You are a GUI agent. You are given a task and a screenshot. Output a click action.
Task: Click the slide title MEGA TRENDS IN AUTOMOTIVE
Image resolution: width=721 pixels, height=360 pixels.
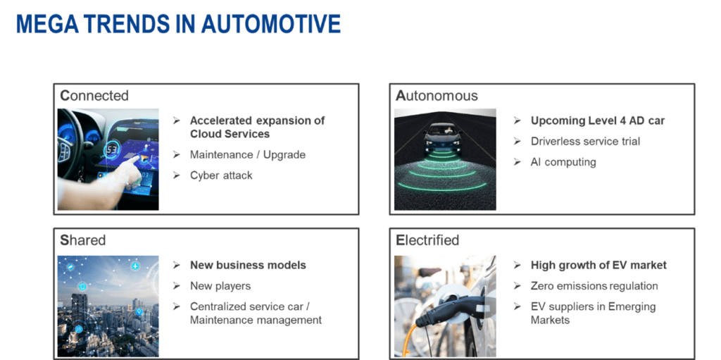pos(178,24)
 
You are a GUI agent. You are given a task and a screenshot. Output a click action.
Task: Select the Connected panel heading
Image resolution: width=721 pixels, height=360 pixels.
pos(94,96)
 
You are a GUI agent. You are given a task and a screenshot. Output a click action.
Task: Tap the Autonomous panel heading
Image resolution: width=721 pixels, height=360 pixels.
pos(437,96)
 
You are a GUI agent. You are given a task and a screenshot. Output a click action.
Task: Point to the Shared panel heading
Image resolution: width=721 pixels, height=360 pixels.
pos(82,240)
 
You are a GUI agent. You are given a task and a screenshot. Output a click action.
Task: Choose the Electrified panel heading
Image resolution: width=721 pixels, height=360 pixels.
pos(427,240)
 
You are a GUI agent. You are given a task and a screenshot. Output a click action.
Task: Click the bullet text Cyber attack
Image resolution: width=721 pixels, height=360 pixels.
pos(221,175)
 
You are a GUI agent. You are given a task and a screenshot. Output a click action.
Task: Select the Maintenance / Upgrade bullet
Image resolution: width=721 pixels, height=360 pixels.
pos(247,154)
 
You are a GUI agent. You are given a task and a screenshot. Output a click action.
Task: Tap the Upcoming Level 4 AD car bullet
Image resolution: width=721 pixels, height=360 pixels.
pos(597,120)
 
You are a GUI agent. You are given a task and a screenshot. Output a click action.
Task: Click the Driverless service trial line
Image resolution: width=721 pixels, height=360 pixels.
pos(585,141)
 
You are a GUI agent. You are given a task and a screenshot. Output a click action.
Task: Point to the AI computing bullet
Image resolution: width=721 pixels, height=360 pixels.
pos(563,162)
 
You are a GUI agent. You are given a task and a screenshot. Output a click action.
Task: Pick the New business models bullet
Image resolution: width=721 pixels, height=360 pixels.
pos(248,266)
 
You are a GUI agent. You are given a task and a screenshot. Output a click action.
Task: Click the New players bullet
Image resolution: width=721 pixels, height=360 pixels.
pos(220,286)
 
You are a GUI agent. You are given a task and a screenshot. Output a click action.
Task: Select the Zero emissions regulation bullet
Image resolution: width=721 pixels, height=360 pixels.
pos(594,286)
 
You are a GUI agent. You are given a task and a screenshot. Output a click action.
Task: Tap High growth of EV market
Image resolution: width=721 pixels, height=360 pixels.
pos(598,266)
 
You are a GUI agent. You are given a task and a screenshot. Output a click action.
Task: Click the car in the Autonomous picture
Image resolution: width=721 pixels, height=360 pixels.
pos(445,137)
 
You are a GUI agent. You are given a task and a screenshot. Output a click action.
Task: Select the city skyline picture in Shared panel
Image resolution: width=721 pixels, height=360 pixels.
pos(108,306)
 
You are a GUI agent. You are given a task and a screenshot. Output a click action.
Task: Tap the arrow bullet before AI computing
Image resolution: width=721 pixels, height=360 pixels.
pos(517,162)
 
